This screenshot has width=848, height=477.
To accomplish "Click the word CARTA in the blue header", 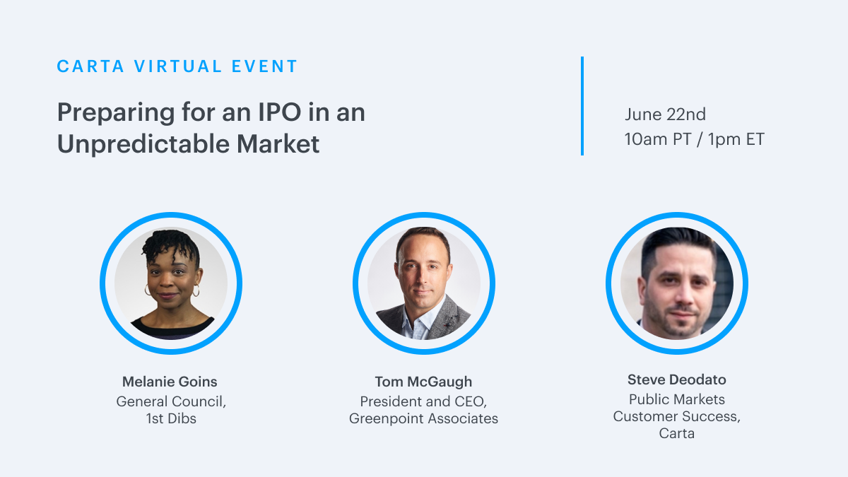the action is (90, 66).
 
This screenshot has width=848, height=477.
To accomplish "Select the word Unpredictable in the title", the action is (143, 145).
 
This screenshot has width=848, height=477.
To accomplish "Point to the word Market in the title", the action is (278, 144).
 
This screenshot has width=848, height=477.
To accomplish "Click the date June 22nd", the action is (665, 114).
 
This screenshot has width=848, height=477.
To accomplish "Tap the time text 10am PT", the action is (658, 139).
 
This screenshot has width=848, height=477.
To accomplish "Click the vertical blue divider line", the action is (582, 106).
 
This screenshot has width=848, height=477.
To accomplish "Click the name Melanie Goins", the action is (170, 382).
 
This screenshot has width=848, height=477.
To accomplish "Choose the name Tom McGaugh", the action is (423, 382).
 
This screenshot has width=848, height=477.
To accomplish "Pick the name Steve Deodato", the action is (677, 379).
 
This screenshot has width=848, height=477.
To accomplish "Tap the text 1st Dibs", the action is (171, 418).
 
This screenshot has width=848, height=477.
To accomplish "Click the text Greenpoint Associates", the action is (423, 418).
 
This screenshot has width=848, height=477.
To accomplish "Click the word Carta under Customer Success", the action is (677, 433).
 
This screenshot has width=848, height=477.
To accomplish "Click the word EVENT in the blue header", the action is (264, 66).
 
